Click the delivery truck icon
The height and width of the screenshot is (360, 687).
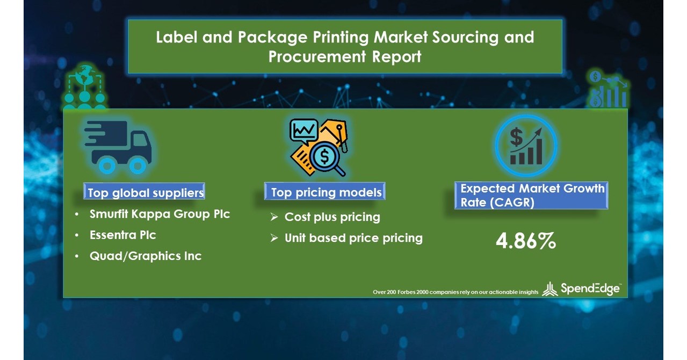tap(118, 147)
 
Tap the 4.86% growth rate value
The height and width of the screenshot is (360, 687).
tap(525, 242)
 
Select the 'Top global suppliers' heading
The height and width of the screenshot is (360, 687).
tap(146, 192)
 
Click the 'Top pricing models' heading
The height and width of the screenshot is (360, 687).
tap(326, 192)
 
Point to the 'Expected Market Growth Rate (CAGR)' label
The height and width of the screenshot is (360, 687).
tap(532, 196)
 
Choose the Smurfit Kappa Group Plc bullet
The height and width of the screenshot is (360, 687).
tap(160, 214)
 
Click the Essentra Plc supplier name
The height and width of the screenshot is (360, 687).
tap(123, 235)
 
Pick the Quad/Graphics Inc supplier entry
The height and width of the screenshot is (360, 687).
tap(145, 256)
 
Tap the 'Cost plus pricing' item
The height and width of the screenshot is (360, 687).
tap(332, 217)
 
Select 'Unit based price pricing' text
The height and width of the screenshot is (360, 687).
tap(353, 238)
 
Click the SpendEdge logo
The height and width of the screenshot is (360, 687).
tap(581, 289)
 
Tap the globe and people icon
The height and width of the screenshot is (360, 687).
tap(85, 89)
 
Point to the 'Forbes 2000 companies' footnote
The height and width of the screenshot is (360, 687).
tap(455, 292)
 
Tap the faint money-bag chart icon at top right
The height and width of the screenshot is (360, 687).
tap(608, 89)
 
